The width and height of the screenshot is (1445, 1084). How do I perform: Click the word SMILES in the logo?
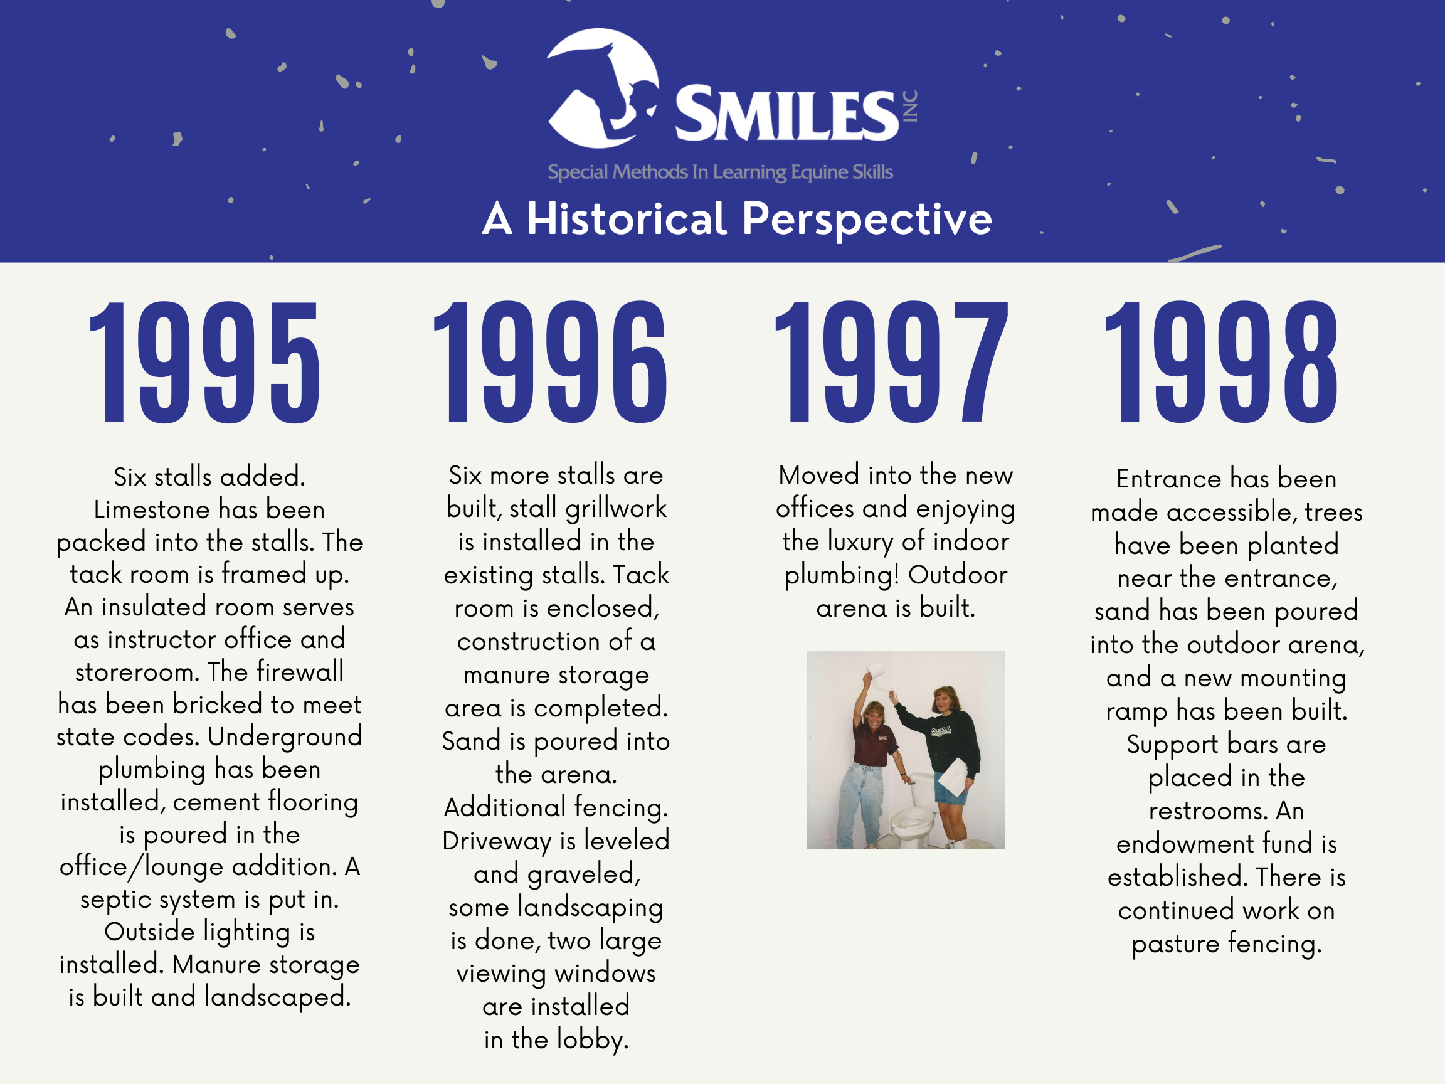[x=786, y=114]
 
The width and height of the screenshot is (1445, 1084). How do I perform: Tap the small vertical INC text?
[x=910, y=107]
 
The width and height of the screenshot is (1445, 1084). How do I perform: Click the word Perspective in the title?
[x=867, y=220]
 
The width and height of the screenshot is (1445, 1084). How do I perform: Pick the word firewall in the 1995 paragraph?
[x=300, y=672]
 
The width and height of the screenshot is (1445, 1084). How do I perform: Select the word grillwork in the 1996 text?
[x=615, y=509]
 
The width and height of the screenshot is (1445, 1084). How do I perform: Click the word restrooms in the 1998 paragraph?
[x=1207, y=811]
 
